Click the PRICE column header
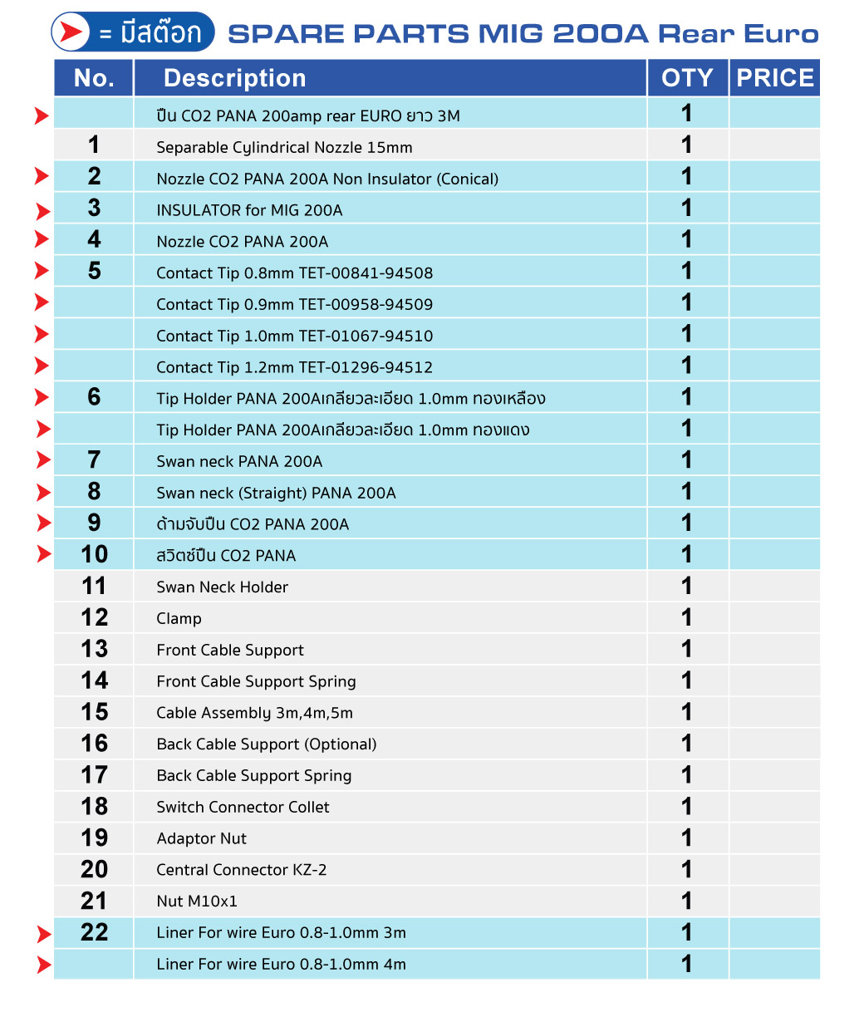coord(774,78)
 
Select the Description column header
coord(234,78)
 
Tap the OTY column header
coord(687,78)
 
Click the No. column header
coord(94,78)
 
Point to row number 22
coord(94,932)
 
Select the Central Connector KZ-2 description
coord(242,870)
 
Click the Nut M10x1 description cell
coord(197,901)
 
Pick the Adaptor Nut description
coord(202,838)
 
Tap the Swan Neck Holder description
coord(223,587)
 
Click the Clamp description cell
coord(179,619)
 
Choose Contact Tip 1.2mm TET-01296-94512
coord(295,367)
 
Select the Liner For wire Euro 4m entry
coord(282,965)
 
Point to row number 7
coord(94,460)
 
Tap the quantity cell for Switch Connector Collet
coord(687,807)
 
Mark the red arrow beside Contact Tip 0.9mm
coord(42,303)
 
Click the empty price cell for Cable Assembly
coord(774,713)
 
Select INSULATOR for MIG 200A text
coord(249,210)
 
